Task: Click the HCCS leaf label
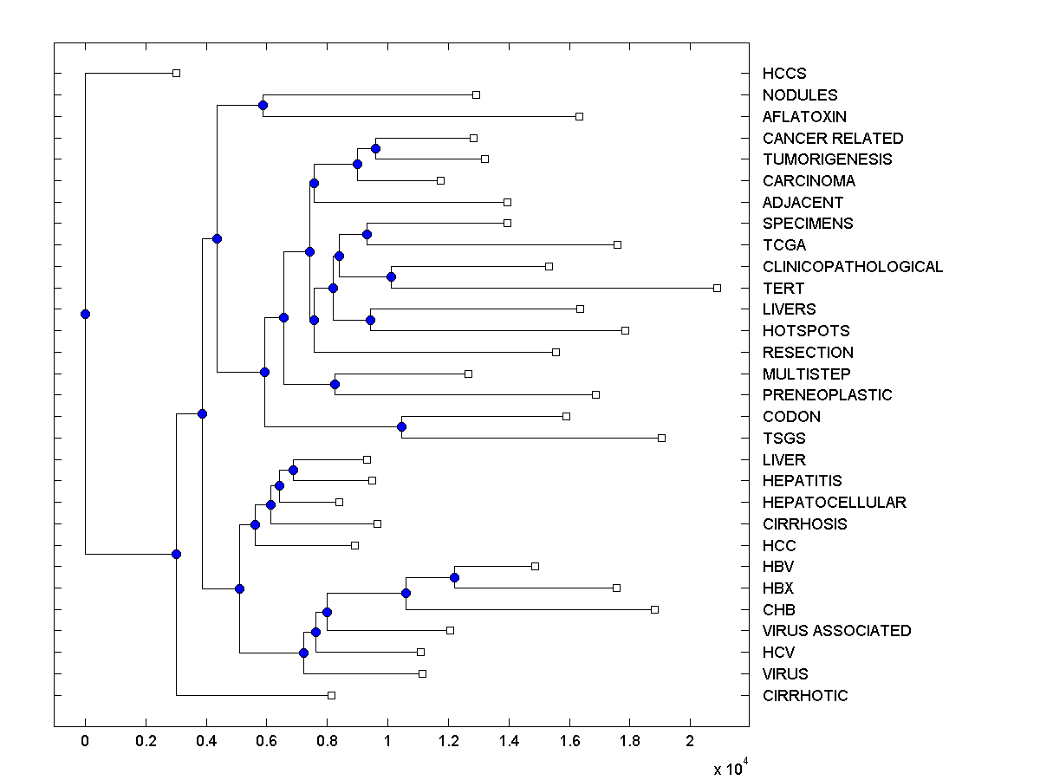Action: pos(784,74)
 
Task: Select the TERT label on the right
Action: pos(783,288)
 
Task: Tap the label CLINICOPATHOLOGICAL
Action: pos(853,267)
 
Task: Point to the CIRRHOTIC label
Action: pos(805,695)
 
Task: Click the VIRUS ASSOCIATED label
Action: pos(837,631)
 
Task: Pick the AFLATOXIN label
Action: pos(805,116)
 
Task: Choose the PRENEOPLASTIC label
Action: pos(828,395)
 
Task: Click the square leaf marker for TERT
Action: pos(717,288)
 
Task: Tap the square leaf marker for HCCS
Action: pos(176,73)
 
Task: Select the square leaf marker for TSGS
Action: pos(661,438)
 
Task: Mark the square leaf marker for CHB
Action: pos(654,609)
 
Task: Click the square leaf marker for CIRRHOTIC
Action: pos(331,695)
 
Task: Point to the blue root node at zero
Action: pos(85,314)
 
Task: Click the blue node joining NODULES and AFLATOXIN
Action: pos(263,105)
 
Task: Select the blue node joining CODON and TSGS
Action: pos(401,426)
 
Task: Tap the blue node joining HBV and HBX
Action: pos(454,577)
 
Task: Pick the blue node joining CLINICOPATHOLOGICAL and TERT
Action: pos(391,277)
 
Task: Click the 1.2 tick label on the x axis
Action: pos(448,742)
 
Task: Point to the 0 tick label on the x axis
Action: pos(85,742)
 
